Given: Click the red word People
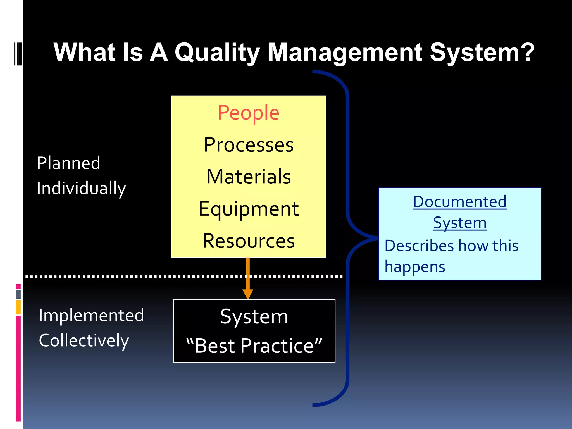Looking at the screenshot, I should pyautogui.click(x=248, y=113).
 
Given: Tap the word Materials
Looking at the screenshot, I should pyautogui.click(x=249, y=177).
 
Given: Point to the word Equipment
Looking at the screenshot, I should pyautogui.click(x=249, y=209).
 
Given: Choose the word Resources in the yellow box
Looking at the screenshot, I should pyautogui.click(x=249, y=241).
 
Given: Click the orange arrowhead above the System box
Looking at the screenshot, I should pyautogui.click(x=248, y=294).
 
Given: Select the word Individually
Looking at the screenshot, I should pyautogui.click(x=81, y=188).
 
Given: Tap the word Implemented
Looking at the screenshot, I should pyautogui.click(x=91, y=315).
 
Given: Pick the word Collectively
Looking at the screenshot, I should pyautogui.click(x=84, y=340).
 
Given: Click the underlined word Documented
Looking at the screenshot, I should pyautogui.click(x=459, y=202).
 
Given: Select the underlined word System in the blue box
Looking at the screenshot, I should pyautogui.click(x=459, y=223).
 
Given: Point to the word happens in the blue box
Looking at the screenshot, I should pyautogui.click(x=414, y=267).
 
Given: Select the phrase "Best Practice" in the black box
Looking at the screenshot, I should pyautogui.click(x=254, y=346).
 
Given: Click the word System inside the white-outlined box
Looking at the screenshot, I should pyautogui.click(x=254, y=317).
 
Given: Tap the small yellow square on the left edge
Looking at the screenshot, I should pyautogui.click(x=18, y=307).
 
